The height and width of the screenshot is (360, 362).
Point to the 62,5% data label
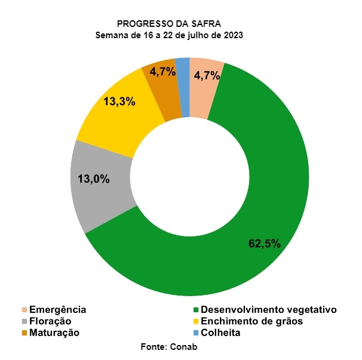(x=265, y=244)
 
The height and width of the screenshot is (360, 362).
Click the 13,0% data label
(x=94, y=179)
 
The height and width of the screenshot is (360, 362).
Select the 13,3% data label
(x=119, y=101)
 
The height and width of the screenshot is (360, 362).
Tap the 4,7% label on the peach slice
(x=207, y=75)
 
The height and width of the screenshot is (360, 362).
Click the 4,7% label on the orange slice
(x=162, y=72)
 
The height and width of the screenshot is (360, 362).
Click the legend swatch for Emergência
(x=24, y=310)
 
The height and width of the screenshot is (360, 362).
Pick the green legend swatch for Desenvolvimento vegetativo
(x=196, y=310)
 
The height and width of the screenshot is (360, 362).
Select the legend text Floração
(x=50, y=321)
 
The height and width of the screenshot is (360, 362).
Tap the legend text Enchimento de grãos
(x=251, y=321)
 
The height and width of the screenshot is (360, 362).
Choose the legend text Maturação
(x=54, y=333)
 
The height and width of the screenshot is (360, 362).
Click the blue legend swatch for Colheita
(x=196, y=333)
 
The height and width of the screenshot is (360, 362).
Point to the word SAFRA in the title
(x=206, y=24)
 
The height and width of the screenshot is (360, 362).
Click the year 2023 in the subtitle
(x=233, y=35)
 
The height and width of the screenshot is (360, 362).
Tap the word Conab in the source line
(x=183, y=347)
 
